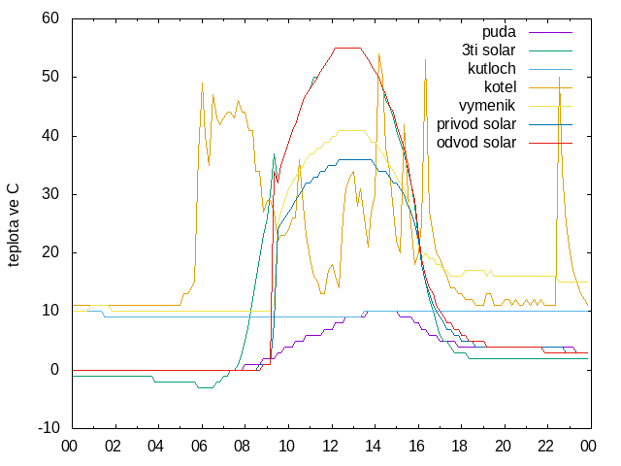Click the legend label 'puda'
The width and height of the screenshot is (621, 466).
point(499,32)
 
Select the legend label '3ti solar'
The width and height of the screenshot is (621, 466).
point(489,50)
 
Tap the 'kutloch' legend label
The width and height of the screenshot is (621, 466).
point(492,69)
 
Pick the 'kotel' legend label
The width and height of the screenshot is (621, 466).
point(501,86)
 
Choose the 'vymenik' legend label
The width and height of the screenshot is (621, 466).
point(487,106)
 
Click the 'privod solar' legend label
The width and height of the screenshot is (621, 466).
point(476,124)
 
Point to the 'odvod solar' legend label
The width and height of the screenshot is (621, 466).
point(476,143)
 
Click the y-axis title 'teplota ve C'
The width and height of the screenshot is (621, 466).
point(13,225)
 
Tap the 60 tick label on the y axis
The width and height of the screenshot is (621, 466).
point(50,18)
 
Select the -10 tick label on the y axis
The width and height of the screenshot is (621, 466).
point(49,428)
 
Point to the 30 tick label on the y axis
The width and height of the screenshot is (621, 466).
point(50,194)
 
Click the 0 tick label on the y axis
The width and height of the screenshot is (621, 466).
point(55,370)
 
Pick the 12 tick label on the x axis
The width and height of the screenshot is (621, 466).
point(330,447)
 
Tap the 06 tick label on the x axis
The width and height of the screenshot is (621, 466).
point(199,447)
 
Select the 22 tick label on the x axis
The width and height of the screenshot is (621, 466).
point(545,447)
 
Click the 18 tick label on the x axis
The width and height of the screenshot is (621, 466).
point(459,447)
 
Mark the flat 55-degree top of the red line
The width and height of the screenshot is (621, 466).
point(347,48)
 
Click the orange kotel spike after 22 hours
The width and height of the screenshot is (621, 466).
point(559,78)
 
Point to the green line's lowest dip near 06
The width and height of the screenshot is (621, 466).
point(205,387)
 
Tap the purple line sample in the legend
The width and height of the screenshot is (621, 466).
point(550,32)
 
